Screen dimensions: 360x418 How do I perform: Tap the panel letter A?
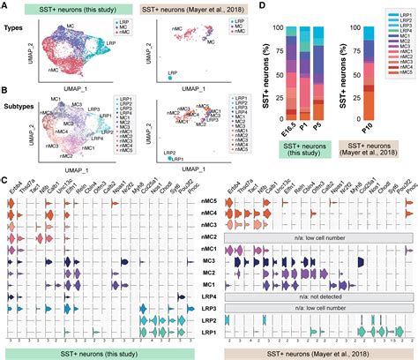tap(5, 7)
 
